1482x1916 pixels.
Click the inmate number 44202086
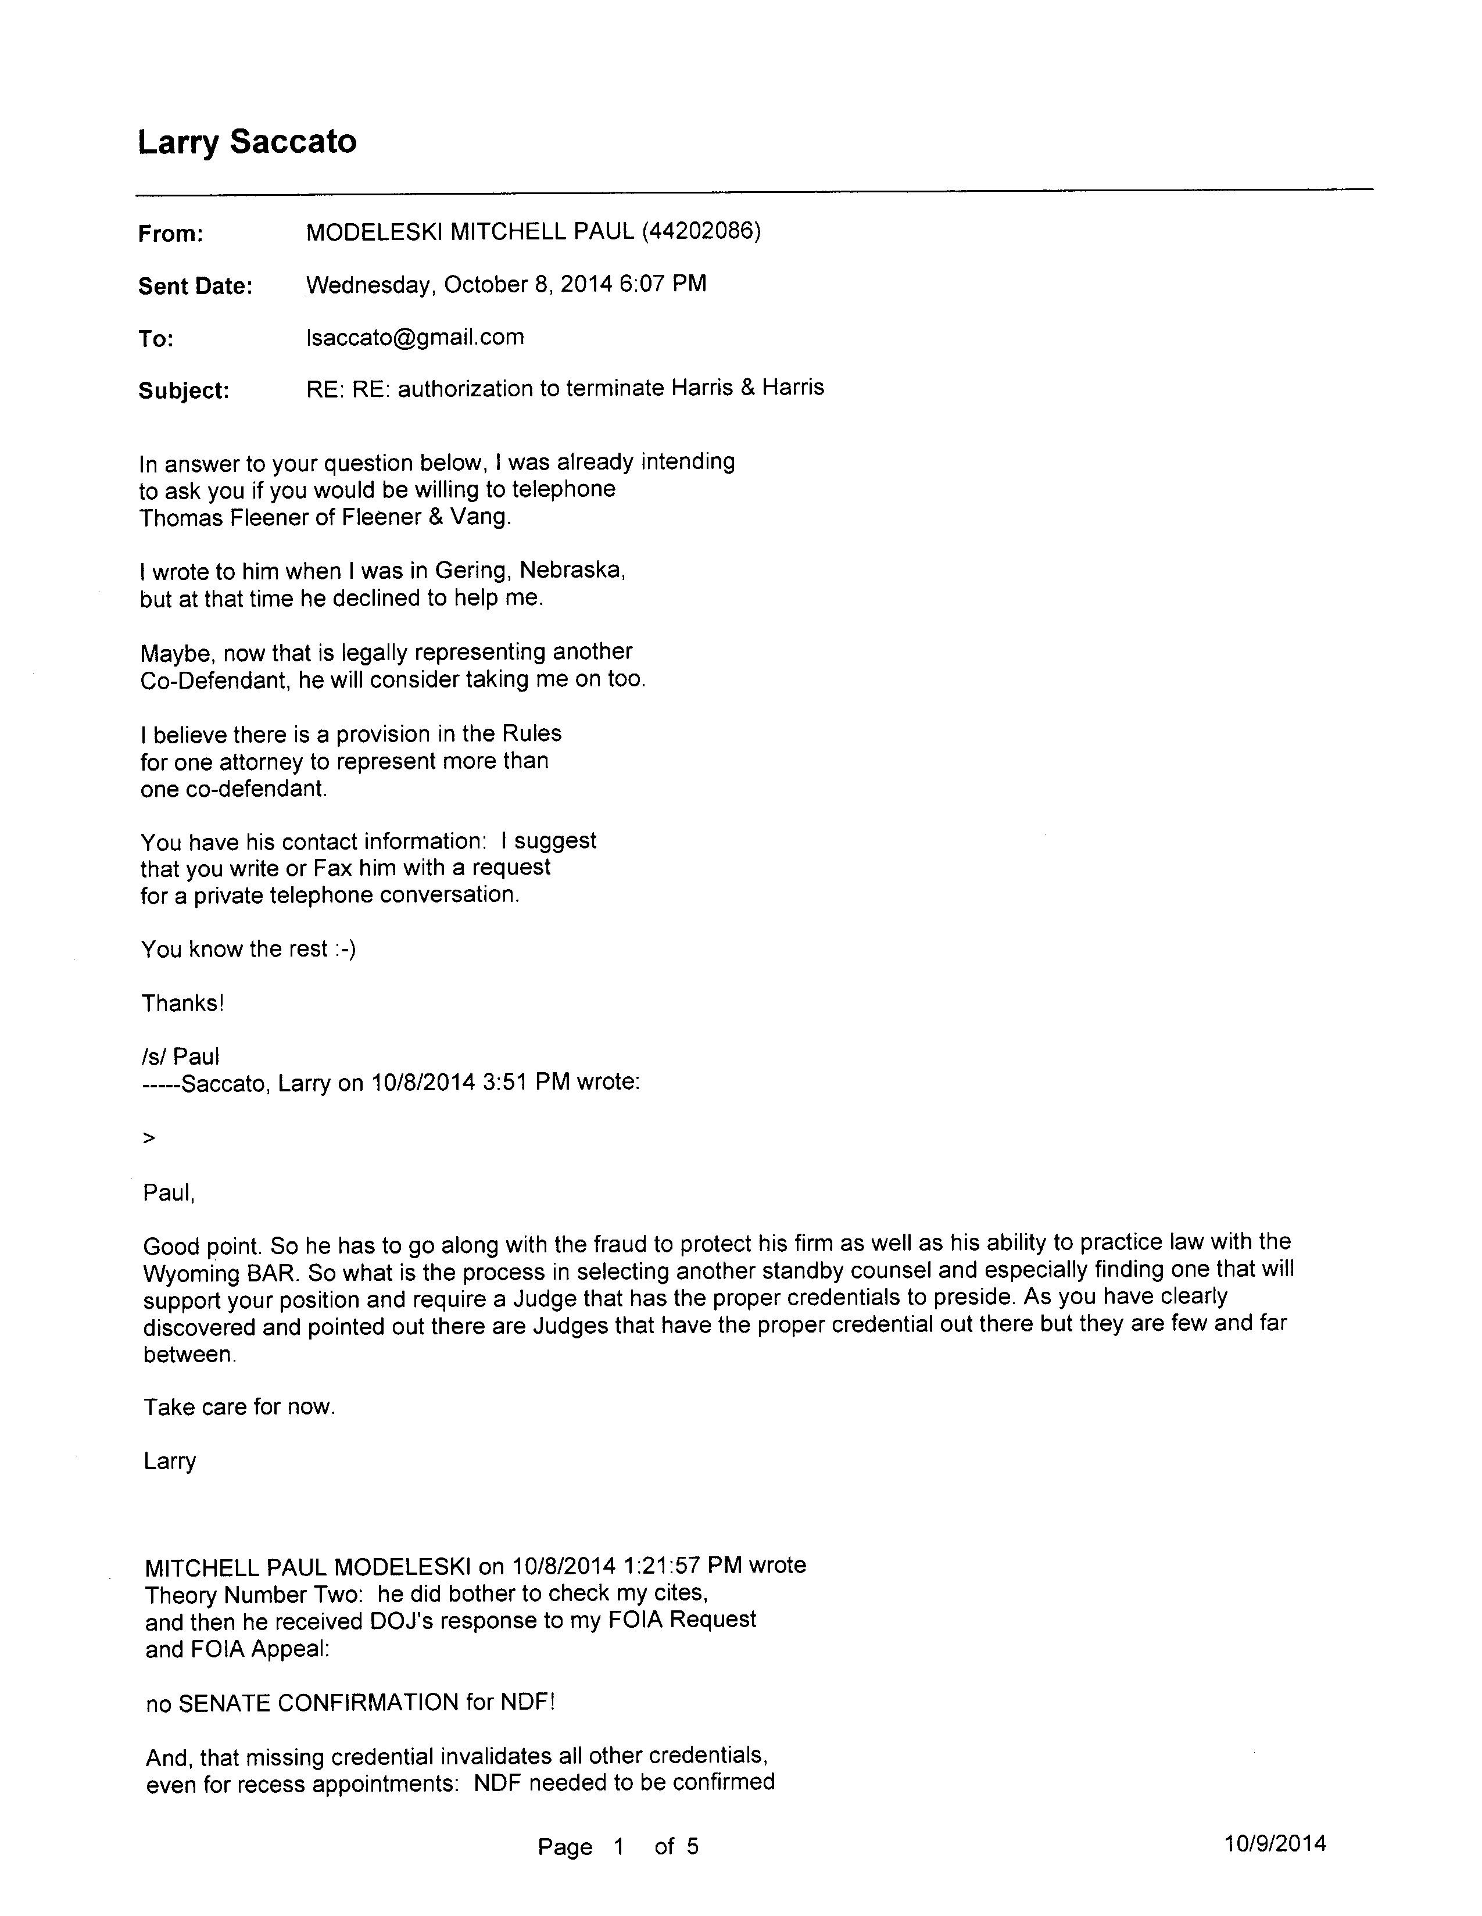[x=701, y=232]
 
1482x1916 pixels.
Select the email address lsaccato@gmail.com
[x=415, y=338]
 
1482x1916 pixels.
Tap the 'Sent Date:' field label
[x=195, y=287]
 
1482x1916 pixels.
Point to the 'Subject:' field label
[x=184, y=391]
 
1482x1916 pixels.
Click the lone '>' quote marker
[x=148, y=1138]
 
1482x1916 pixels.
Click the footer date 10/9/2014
[x=1275, y=1843]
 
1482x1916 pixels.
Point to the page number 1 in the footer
[x=618, y=1847]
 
